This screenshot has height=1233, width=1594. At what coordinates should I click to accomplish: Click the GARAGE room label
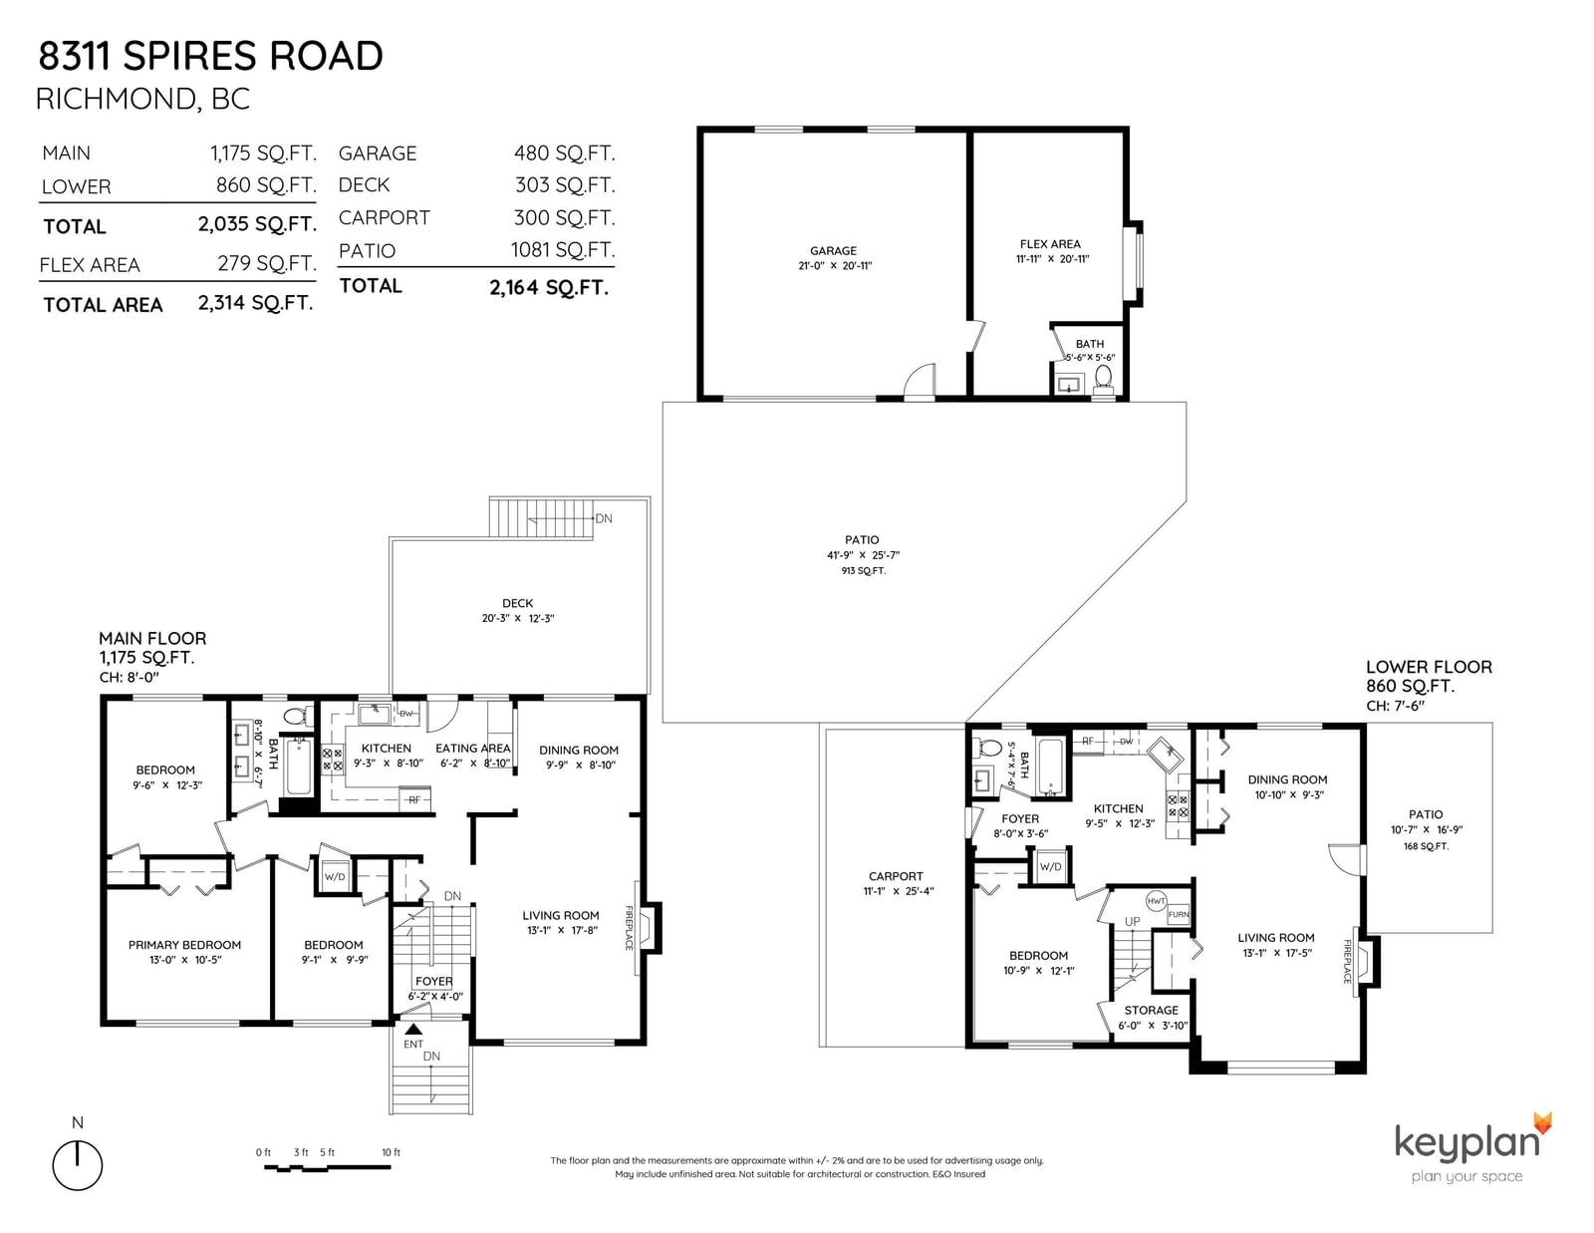coord(833,250)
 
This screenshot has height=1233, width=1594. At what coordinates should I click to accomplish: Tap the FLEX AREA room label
coord(1050,243)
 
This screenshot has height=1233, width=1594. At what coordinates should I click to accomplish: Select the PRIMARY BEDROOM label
coord(184,945)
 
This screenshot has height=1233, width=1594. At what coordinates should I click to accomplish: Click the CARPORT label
coord(896,876)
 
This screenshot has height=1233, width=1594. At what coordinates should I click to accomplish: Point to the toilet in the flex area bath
coord(1103,379)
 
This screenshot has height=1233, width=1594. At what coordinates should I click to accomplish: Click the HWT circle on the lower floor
coord(1156,901)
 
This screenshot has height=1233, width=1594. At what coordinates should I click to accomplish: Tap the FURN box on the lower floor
coord(1179,914)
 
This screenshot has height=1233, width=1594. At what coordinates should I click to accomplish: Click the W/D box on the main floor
coord(335,876)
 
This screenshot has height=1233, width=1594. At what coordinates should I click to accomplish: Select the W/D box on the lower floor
coord(1050,867)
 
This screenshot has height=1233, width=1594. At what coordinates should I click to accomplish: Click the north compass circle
coord(77,1165)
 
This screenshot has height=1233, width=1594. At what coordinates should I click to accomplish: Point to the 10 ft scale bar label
coord(391,1152)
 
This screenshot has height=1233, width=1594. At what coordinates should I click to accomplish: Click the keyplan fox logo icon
coord(1542,1123)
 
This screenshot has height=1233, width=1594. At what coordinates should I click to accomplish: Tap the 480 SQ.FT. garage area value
coord(564,153)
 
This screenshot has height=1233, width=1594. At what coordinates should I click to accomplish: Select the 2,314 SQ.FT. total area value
coord(256,302)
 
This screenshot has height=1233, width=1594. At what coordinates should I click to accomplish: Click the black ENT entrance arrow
coord(413,1029)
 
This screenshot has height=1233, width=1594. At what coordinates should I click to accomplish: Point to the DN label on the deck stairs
coord(604,519)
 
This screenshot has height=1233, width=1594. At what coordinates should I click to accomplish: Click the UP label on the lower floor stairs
coord(1133,921)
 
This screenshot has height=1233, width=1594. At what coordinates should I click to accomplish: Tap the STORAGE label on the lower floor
coord(1151,1010)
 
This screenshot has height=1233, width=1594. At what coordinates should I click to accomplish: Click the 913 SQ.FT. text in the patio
coord(864,570)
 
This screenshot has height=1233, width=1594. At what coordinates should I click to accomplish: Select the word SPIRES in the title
coord(190,56)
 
